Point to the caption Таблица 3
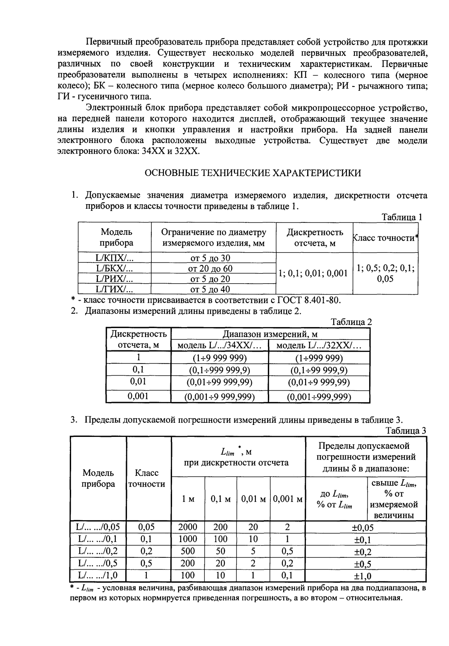click(406, 430)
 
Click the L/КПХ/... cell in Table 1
click(115, 258)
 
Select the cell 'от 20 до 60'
click(213, 268)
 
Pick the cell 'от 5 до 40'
click(213, 289)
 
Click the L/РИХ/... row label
click(115, 279)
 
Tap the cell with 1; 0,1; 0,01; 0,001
click(313, 274)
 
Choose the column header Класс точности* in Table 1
click(385, 238)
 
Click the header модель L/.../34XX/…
click(220, 346)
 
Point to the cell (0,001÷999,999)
click(319, 397)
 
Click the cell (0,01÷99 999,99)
click(220, 382)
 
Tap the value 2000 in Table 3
click(188, 527)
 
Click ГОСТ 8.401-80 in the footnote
click(310, 300)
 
